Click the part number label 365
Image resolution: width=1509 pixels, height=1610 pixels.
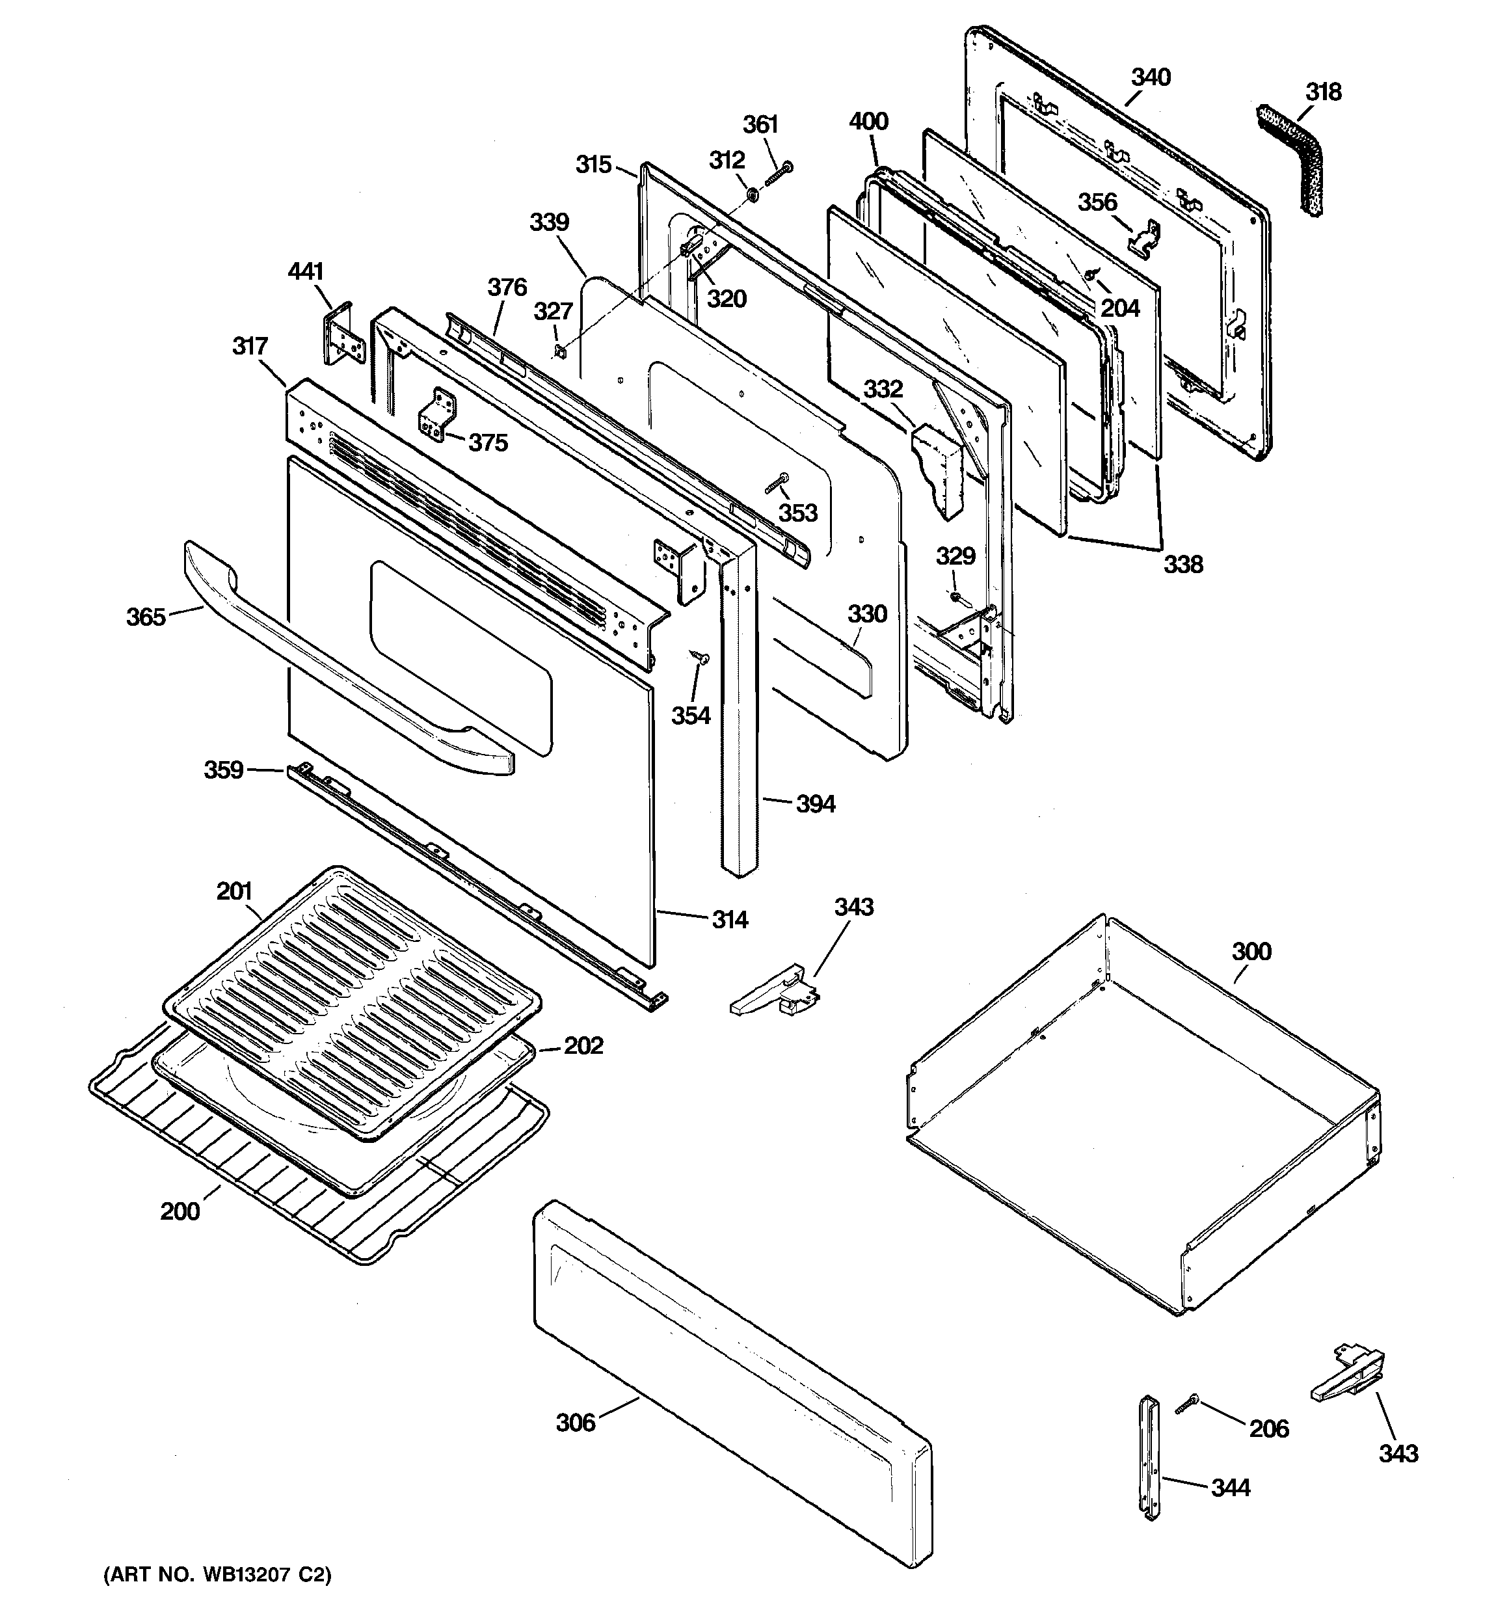point(146,617)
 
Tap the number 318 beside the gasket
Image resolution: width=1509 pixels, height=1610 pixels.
point(1323,92)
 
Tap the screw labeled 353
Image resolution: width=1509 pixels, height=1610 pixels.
point(776,483)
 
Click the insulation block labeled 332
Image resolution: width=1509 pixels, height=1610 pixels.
point(937,470)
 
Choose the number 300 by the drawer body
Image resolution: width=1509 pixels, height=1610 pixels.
point(1251,951)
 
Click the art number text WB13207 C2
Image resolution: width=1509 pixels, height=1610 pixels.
point(217,1575)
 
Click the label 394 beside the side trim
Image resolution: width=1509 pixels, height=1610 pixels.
point(815,804)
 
